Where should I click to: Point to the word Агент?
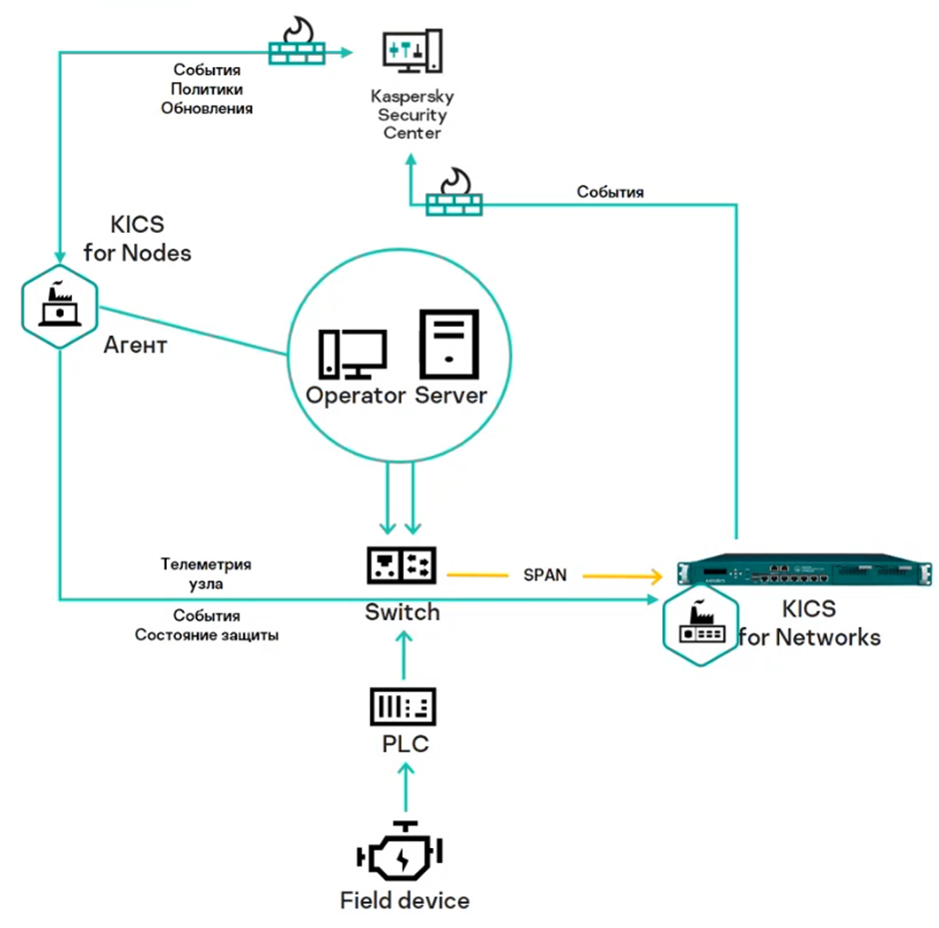pyautogui.click(x=135, y=347)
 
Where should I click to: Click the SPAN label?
pyautogui.click(x=544, y=576)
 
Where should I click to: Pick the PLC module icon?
pyautogui.click(x=403, y=709)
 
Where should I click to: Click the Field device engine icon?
pyautogui.click(x=403, y=854)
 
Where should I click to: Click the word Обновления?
pyautogui.click(x=206, y=107)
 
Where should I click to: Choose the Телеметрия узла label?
pyautogui.click(x=206, y=573)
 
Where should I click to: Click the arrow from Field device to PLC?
pyautogui.click(x=404, y=786)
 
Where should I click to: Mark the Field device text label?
pyautogui.click(x=405, y=901)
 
